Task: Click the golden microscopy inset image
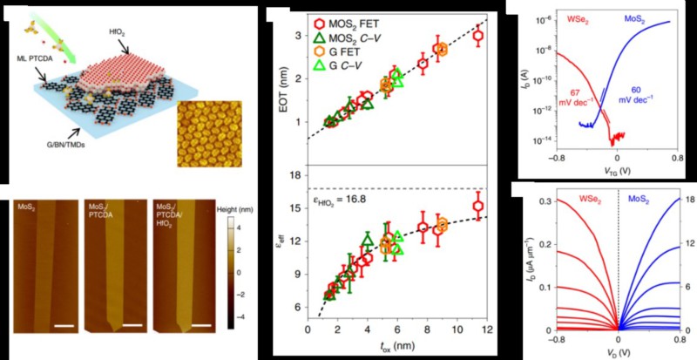[206, 132]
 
